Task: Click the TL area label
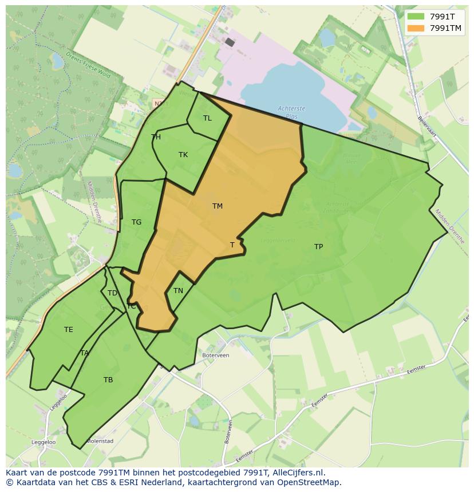(207, 118)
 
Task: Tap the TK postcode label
(183, 155)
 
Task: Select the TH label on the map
(156, 137)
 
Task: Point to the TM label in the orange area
(218, 206)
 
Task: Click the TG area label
(136, 222)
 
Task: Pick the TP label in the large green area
(318, 247)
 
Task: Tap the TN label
(178, 291)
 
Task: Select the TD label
(112, 293)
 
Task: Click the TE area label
(69, 330)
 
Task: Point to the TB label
(108, 380)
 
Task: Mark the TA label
(85, 353)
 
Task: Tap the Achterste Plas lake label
(291, 112)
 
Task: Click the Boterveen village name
(216, 355)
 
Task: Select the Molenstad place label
(100, 441)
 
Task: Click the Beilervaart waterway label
(428, 127)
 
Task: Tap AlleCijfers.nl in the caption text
(297, 473)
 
